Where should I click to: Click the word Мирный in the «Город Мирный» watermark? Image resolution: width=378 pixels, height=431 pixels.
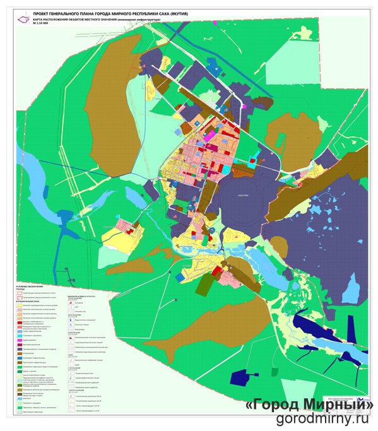click(x=338, y=404)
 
